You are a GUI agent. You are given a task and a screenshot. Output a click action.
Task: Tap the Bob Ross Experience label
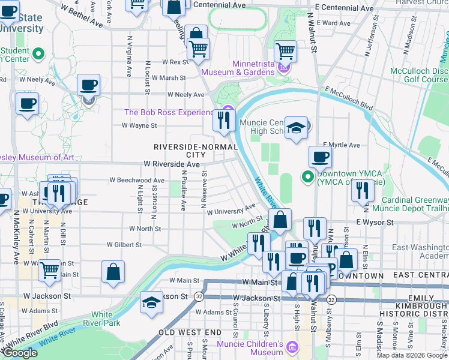tap(169, 113)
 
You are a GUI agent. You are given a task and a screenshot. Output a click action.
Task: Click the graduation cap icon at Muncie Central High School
tap(296, 128)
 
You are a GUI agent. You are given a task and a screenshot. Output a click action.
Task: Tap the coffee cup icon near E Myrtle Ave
tap(320, 157)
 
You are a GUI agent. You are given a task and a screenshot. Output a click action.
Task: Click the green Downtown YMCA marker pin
tap(308, 177)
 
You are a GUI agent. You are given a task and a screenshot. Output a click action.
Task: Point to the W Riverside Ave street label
tap(171, 164)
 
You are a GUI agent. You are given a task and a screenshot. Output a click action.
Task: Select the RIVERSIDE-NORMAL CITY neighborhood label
tap(184, 151)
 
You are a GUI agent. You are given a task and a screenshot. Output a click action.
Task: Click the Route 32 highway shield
tap(199, 296)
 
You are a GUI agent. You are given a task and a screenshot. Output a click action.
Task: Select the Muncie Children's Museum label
tap(258, 349)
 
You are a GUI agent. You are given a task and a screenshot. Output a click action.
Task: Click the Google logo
tap(20, 353)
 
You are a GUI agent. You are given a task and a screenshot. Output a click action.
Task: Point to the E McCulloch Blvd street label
tap(349, 98)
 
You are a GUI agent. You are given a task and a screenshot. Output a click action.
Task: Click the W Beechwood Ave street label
tap(136, 181)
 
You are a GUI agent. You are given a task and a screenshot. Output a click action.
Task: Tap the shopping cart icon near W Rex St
tap(198, 50)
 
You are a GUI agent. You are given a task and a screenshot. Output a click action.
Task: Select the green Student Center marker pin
tap(38, 55)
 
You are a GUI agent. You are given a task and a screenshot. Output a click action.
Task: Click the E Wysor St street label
tap(374, 222)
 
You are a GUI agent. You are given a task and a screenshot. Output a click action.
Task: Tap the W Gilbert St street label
tap(124, 245)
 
